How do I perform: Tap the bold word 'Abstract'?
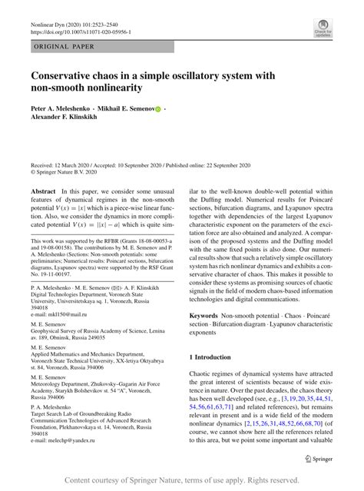pyautogui.click(x=44, y=191)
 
